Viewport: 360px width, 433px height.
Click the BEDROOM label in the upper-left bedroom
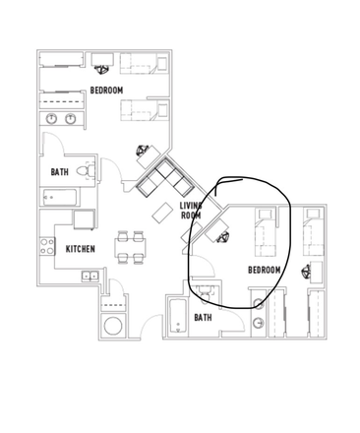106,91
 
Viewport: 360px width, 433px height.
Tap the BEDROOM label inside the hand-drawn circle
264,270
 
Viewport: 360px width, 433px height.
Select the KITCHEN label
80,249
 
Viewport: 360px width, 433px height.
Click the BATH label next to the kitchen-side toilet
59,172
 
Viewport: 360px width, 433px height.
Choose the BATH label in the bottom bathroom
203,317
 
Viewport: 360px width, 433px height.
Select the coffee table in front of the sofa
162,211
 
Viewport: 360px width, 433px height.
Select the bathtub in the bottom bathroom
176,316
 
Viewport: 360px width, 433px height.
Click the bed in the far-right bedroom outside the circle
314,232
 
